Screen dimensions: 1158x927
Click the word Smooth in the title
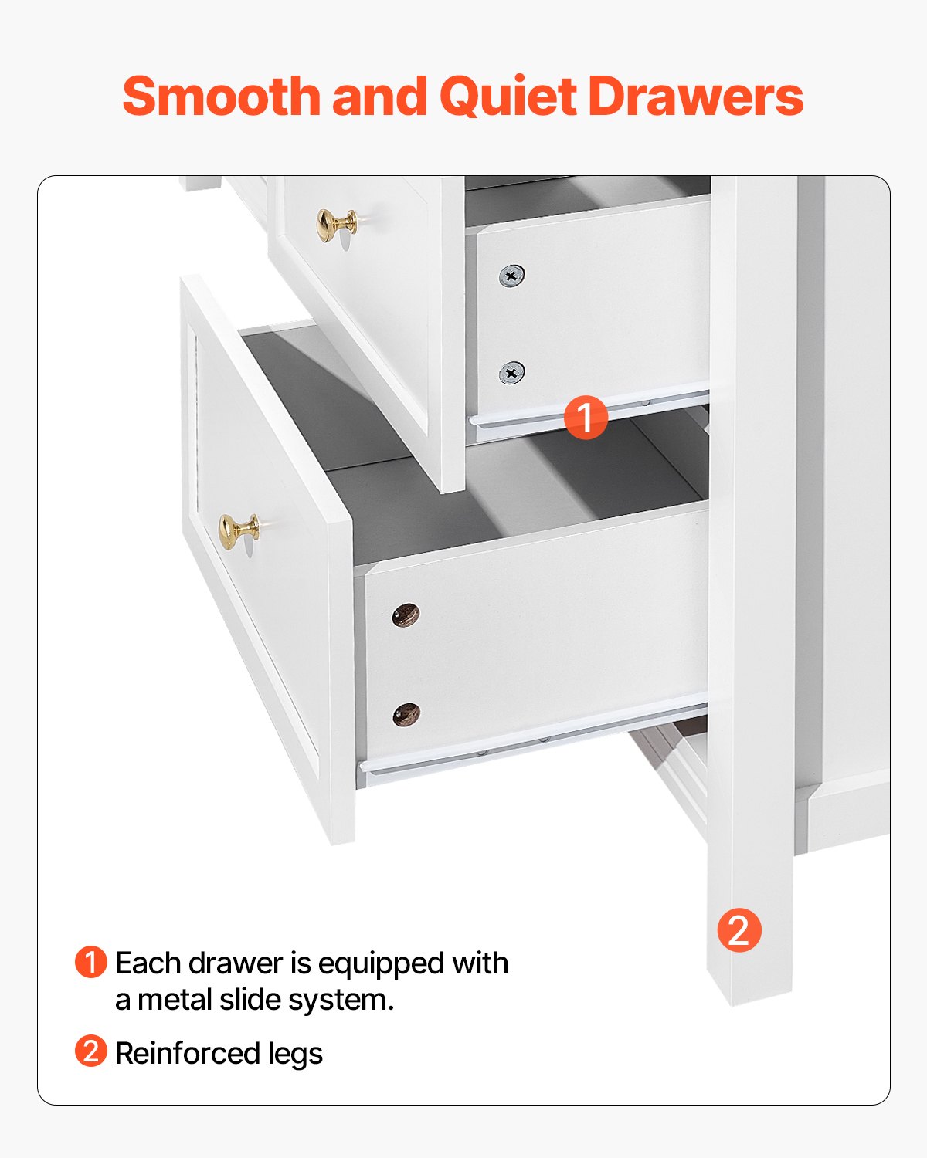[222, 96]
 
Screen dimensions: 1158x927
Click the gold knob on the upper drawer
[337, 225]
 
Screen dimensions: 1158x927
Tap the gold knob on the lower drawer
[238, 531]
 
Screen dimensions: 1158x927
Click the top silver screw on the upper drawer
[511, 276]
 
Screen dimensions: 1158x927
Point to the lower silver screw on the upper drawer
[511, 373]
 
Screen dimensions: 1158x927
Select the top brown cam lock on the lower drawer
[406, 615]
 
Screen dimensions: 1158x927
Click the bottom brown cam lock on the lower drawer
[406, 715]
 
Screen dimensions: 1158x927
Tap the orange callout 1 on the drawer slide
[586, 417]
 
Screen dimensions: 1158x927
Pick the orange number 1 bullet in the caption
[90, 963]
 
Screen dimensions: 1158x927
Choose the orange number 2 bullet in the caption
[90, 1051]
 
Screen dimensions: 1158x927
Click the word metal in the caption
[175, 1000]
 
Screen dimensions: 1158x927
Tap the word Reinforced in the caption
[187, 1053]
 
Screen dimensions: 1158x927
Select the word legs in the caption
[295, 1055]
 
